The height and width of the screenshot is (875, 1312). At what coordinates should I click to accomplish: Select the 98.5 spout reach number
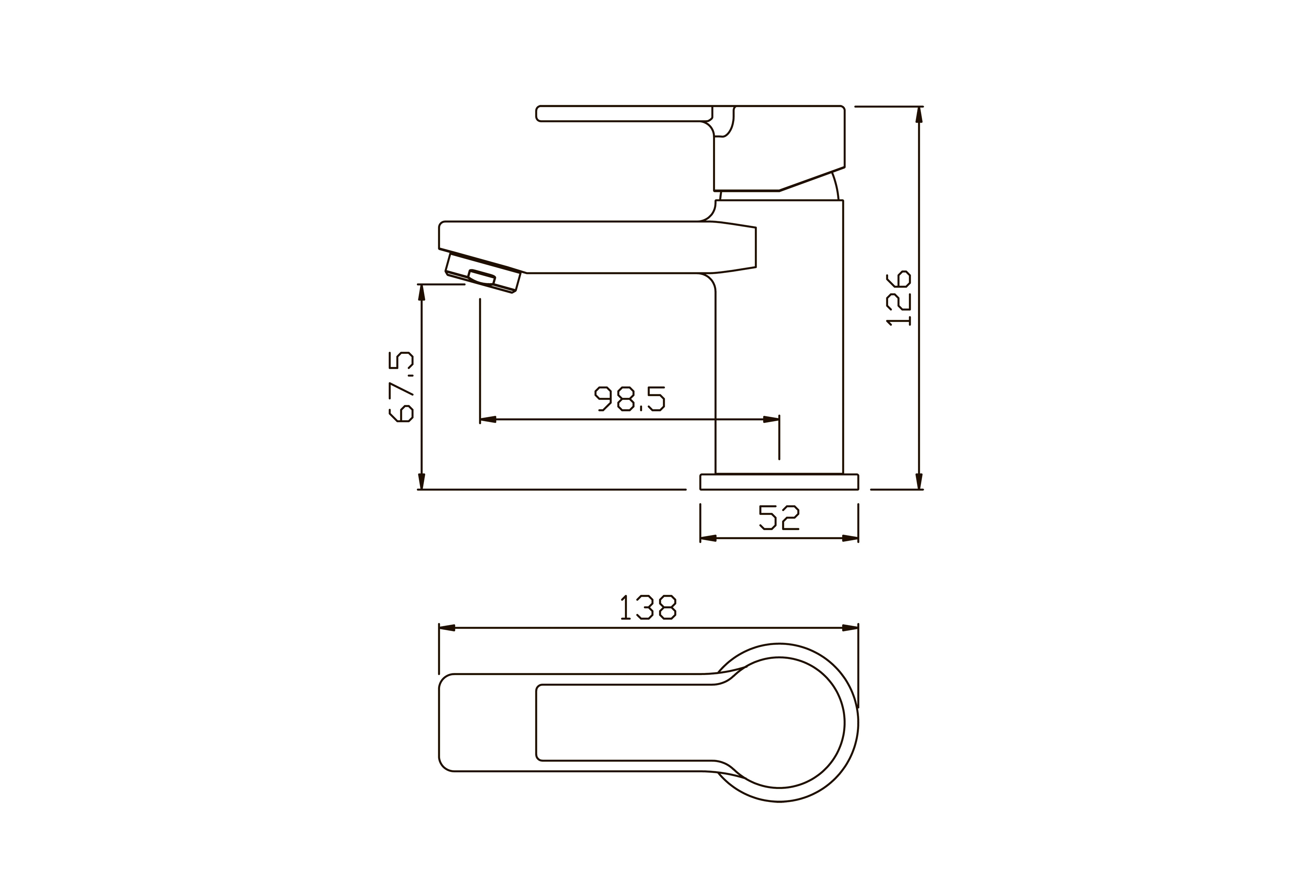[630, 399]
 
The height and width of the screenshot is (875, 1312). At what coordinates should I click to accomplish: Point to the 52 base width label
[779, 518]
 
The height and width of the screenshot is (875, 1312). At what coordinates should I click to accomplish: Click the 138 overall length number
[649, 607]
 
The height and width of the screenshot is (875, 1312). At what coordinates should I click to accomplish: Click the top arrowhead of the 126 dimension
[919, 114]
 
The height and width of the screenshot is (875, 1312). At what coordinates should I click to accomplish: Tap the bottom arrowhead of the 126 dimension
[919, 482]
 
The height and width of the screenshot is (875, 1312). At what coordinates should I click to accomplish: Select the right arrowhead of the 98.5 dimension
[771, 419]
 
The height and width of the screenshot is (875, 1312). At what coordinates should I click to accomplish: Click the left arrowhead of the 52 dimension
[708, 538]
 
